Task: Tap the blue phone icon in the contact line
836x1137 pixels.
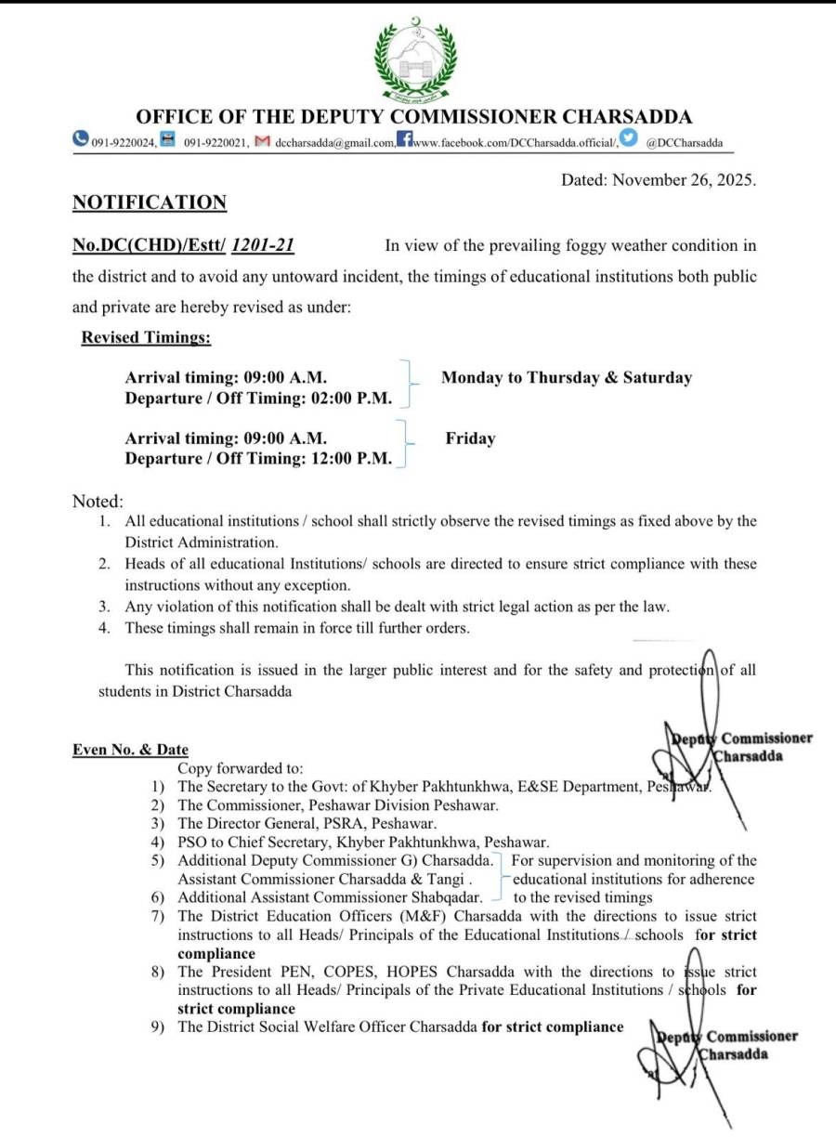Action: click(x=81, y=139)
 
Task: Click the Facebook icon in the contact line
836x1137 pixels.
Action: click(x=404, y=140)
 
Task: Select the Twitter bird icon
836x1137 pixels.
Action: click(x=630, y=139)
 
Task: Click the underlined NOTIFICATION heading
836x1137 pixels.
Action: click(x=150, y=203)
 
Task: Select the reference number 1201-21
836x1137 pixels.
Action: click(x=264, y=246)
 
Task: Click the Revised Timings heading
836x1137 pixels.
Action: click(x=146, y=338)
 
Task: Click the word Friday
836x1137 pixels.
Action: click(x=470, y=438)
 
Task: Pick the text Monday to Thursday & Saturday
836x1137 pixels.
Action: click(x=567, y=378)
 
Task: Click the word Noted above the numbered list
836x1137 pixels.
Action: click(x=97, y=502)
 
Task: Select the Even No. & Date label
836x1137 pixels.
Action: click(x=130, y=750)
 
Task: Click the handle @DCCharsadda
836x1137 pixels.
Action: click(x=685, y=143)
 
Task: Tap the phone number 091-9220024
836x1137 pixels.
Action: click(x=124, y=143)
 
